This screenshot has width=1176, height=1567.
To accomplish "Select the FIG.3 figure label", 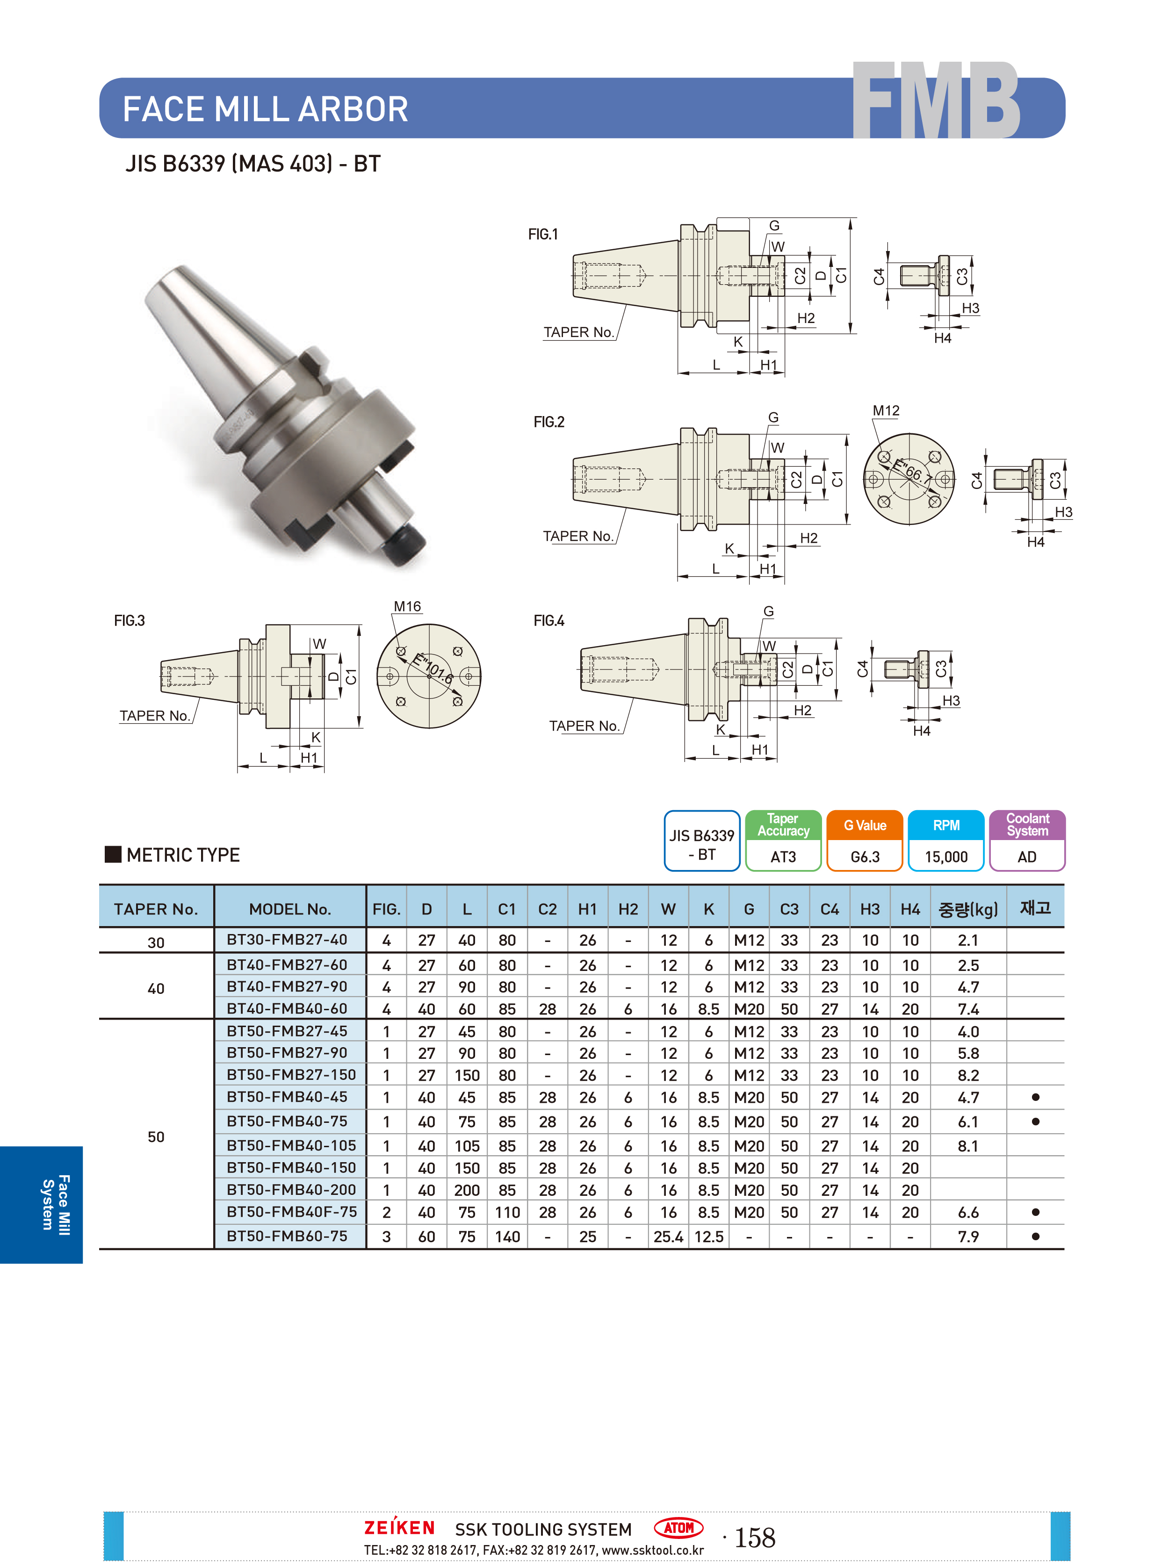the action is point(130,620).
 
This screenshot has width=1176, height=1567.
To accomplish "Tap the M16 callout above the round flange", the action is point(407,606).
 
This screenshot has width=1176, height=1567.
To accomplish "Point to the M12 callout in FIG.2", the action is point(886,411).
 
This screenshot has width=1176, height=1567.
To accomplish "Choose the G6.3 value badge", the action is point(865,856).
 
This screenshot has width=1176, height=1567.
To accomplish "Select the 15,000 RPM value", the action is point(946,856).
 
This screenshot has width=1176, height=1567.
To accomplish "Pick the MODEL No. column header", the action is point(290,909).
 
